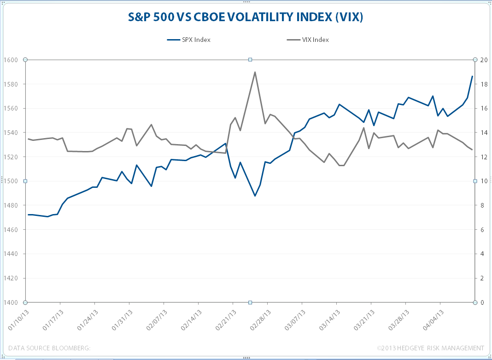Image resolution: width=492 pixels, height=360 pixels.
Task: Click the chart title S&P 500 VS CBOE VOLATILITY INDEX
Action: point(246,17)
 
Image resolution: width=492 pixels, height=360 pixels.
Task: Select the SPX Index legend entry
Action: point(189,40)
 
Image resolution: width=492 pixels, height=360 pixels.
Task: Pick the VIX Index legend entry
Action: point(307,40)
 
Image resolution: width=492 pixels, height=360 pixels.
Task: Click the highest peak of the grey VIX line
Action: point(255,72)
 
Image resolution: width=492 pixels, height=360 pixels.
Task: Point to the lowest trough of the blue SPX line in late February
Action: point(255,196)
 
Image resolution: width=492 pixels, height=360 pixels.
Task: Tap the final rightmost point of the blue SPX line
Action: point(472,76)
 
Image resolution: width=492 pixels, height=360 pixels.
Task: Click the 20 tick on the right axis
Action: point(482,60)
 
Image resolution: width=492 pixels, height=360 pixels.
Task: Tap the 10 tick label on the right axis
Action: point(482,181)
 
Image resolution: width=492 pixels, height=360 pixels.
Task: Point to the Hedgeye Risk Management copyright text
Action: point(430,348)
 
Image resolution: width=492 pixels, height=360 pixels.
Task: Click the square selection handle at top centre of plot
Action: point(250,59)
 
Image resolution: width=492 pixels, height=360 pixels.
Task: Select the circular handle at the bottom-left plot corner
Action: point(25,302)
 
